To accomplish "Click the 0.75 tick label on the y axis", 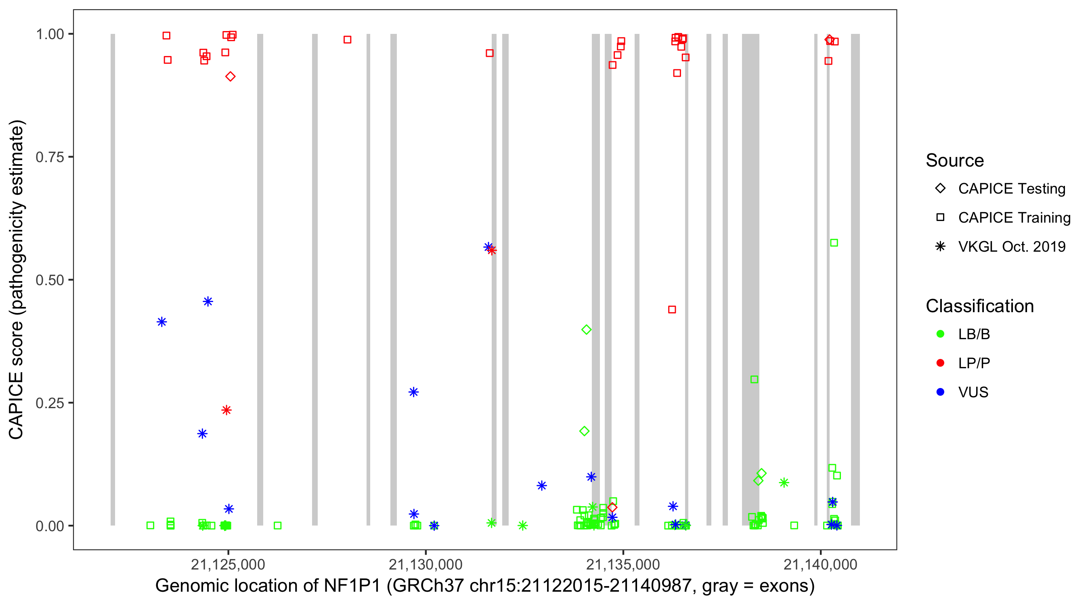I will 49,157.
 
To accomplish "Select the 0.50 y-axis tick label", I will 49,280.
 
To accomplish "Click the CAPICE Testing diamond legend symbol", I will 940,188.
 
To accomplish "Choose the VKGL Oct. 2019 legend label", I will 1011,246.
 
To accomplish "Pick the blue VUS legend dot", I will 940,392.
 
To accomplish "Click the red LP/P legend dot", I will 940,363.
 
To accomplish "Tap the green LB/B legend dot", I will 940,334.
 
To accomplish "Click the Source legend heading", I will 954,160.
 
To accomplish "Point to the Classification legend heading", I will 979,306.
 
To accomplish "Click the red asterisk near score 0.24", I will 226,410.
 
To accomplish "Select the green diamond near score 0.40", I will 586,330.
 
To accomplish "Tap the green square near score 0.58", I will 834,243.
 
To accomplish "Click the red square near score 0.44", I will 672,309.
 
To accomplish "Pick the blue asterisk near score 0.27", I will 413,392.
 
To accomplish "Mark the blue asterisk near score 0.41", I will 161,322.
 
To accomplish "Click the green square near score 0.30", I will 754,379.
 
